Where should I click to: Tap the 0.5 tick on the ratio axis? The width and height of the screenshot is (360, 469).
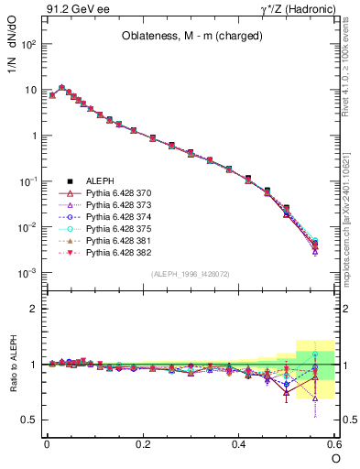tap(30, 420)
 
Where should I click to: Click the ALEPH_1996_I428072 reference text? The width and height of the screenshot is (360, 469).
tap(191, 274)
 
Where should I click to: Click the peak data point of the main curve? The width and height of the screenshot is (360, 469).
tap(62, 88)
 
